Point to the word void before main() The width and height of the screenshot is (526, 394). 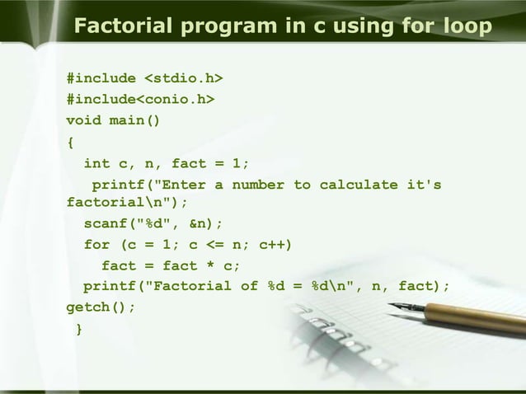[84, 120]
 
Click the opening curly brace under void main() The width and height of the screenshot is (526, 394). [70, 142]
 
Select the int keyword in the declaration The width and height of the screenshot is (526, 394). [96, 162]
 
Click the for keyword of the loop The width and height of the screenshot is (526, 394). [96, 245]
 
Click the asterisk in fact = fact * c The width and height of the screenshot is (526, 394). [214, 265]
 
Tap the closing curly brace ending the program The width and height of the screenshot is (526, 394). [79, 330]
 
